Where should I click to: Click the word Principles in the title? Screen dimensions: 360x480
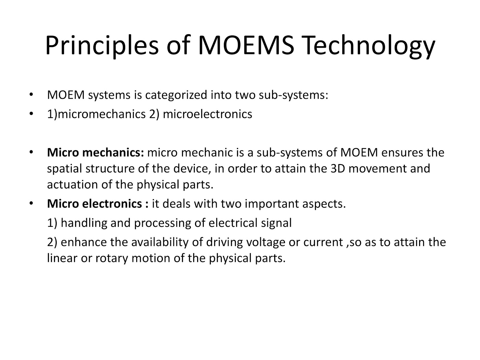102,45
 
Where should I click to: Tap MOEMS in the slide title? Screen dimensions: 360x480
246,45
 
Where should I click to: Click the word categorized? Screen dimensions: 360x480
176,95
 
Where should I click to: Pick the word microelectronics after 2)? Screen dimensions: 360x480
207,114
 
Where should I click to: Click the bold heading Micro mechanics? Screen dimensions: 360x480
96,153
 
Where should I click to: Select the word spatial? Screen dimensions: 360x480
65,169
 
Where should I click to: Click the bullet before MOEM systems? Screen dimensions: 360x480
31,95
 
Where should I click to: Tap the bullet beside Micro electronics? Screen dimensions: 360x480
31,204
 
